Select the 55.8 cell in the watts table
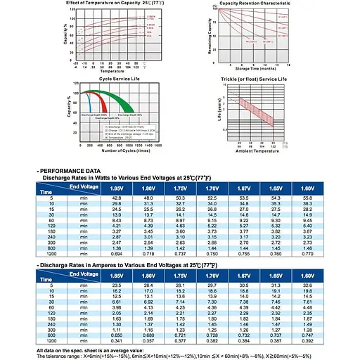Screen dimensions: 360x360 pyautogui.click(x=308, y=199)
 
